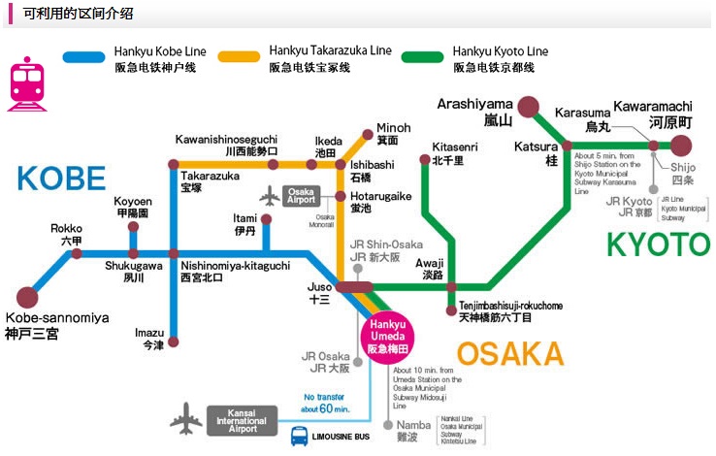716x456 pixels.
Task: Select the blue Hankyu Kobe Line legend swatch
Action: (82, 57)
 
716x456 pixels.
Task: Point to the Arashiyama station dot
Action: (528, 107)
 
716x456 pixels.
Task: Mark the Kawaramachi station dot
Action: (681, 147)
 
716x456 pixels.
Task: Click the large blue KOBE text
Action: (60, 179)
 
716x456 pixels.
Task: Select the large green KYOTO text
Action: (658, 244)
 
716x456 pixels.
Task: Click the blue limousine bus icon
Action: (300, 437)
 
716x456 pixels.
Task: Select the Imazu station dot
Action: (174, 342)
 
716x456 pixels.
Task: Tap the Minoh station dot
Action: (366, 135)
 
